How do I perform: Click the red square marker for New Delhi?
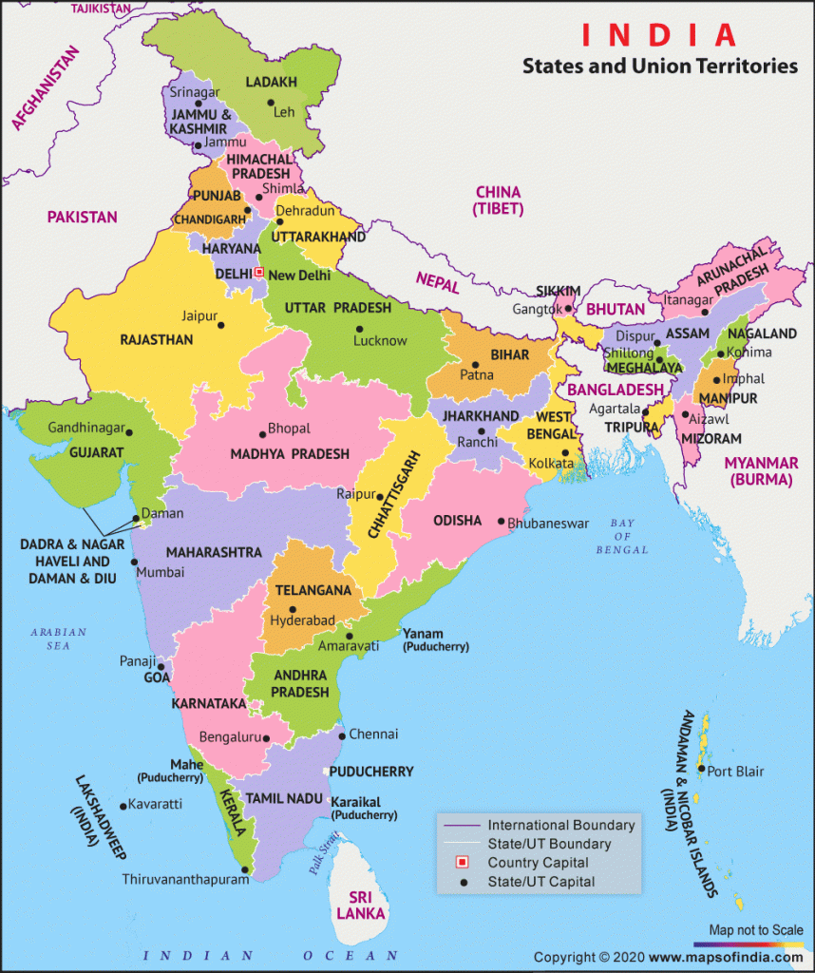258,272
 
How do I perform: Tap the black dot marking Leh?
271,103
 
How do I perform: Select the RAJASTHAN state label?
157,339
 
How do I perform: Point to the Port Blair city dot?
700,771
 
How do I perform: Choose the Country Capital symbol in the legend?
464,863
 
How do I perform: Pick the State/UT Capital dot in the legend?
464,883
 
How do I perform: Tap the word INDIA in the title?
659,35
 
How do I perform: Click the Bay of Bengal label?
622,537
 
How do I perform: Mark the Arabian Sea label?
58,639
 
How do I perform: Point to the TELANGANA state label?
313,590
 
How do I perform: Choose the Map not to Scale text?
755,929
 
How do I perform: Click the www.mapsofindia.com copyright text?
727,957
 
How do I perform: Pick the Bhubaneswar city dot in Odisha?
500,522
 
